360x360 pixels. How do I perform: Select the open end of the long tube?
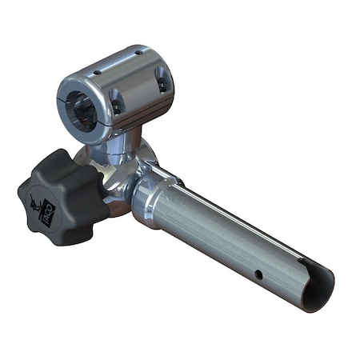pos(317,289)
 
